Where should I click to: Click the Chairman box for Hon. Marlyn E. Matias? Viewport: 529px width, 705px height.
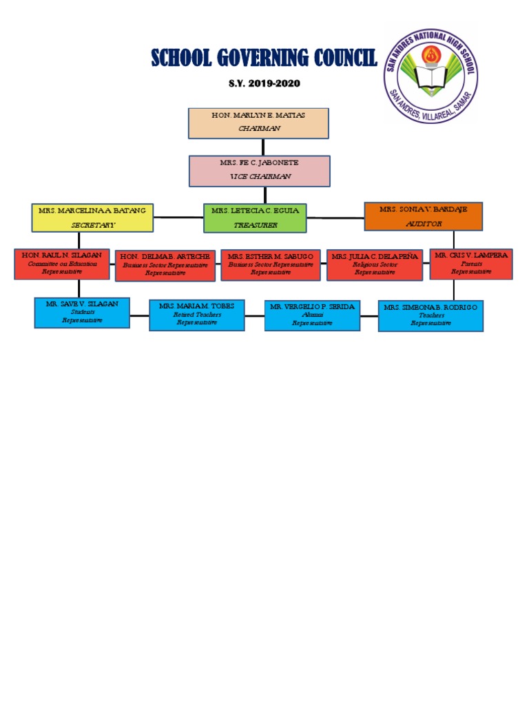(x=258, y=123)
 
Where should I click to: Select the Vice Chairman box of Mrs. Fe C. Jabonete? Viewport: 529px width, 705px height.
(x=260, y=171)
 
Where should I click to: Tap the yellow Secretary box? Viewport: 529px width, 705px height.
(x=92, y=217)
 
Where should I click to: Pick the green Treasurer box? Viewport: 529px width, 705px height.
(x=255, y=218)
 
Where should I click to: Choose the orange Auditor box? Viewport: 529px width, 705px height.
(x=423, y=215)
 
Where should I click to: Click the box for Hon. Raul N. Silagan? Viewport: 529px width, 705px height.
(x=61, y=264)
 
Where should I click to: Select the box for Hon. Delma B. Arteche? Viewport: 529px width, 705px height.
(x=165, y=266)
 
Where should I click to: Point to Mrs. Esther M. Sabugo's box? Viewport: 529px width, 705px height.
(x=270, y=265)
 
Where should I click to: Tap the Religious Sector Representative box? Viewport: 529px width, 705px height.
(x=374, y=265)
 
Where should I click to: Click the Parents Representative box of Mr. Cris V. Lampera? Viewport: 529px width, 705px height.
(x=471, y=264)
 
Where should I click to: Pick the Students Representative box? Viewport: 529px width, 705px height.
(x=82, y=312)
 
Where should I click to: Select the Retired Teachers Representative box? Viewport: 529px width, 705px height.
(x=197, y=315)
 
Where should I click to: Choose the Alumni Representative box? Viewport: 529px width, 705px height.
(x=312, y=315)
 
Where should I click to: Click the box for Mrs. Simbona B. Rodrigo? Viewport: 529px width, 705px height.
(x=431, y=315)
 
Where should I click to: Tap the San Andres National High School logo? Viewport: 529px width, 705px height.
(x=431, y=76)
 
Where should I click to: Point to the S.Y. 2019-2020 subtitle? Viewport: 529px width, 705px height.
(x=264, y=84)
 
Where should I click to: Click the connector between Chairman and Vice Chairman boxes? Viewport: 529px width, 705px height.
(x=262, y=147)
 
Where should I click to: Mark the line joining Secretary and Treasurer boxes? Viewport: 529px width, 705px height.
(x=178, y=217)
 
